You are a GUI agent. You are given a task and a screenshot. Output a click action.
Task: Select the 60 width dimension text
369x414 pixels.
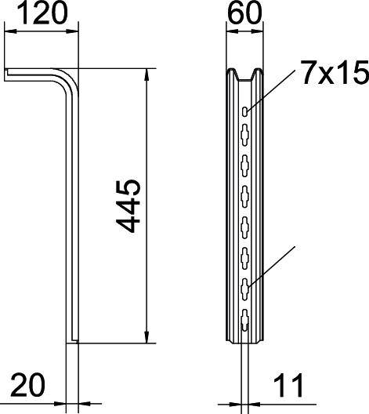click(x=244, y=13)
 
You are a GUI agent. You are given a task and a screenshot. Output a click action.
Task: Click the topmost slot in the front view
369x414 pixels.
click(x=245, y=112)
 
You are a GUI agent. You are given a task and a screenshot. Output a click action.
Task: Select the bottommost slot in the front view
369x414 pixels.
click(x=245, y=319)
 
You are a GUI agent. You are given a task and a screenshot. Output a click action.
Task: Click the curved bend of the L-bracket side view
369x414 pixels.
click(x=71, y=78)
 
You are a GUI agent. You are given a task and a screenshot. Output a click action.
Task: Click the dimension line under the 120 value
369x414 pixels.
click(x=43, y=31)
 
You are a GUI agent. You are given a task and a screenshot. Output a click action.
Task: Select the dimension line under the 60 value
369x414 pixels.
click(x=244, y=31)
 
